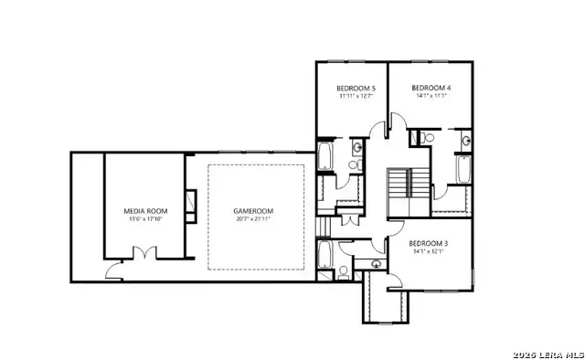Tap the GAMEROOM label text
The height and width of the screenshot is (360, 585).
[x=253, y=211]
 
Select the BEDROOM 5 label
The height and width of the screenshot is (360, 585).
[x=351, y=88]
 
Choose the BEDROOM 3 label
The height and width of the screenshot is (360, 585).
[x=429, y=243]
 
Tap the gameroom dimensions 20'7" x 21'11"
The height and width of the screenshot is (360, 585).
[x=253, y=219]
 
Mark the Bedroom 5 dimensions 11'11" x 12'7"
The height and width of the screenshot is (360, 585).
[x=351, y=96]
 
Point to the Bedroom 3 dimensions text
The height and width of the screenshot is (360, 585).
[x=429, y=251]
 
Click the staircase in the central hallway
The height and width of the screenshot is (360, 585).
[x=398, y=188]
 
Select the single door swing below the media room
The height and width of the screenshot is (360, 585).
[x=112, y=270]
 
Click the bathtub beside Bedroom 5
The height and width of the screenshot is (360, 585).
[x=325, y=156]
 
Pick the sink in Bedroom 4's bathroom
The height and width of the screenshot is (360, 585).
[x=466, y=141]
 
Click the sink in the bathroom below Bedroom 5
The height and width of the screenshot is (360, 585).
[x=355, y=149]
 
